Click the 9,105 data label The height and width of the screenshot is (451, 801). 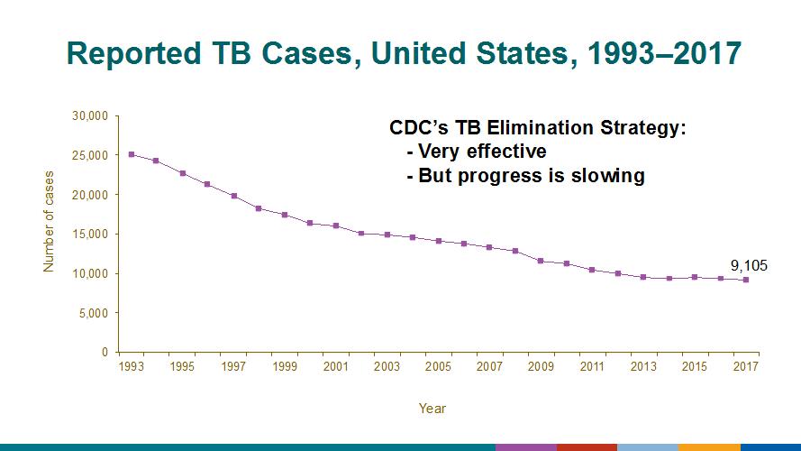748,265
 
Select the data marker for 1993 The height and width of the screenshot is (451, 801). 132,154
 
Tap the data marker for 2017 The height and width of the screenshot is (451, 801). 746,280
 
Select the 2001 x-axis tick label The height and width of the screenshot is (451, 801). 335,368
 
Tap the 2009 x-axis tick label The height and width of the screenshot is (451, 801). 541,368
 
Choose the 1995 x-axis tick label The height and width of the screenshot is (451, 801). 181,368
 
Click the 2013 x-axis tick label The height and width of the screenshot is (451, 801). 643,368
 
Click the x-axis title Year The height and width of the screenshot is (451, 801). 432,409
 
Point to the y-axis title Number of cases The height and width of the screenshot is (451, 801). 49,221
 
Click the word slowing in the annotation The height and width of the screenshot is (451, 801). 612,175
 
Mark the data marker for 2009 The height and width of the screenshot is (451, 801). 541,261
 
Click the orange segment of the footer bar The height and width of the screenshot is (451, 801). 709,446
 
